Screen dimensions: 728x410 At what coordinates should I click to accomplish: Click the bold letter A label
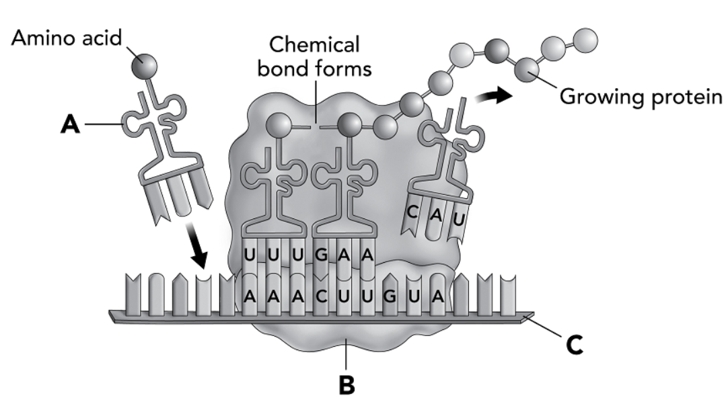click(70, 124)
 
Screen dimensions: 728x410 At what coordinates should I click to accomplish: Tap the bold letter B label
click(347, 384)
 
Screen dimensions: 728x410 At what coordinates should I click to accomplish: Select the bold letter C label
click(575, 345)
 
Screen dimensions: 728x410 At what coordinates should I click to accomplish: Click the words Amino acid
click(67, 38)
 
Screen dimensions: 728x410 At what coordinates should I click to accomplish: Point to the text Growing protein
click(641, 97)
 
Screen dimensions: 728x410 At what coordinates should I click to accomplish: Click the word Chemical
click(314, 44)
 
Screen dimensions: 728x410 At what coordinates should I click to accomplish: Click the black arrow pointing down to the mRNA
click(195, 246)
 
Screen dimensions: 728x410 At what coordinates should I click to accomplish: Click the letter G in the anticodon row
click(321, 255)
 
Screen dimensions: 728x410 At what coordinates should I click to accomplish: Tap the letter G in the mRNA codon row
click(390, 296)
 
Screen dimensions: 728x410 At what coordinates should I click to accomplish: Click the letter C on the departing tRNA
click(411, 212)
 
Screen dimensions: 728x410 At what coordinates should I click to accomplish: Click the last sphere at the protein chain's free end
click(586, 40)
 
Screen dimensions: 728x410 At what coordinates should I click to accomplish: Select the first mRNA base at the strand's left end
click(133, 294)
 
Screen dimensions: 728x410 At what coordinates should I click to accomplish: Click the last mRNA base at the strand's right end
click(507, 294)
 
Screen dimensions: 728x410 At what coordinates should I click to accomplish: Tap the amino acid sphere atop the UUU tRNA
click(279, 126)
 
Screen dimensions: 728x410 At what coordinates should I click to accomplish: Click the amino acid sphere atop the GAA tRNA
click(349, 125)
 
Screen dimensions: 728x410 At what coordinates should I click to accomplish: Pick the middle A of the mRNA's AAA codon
click(273, 296)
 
